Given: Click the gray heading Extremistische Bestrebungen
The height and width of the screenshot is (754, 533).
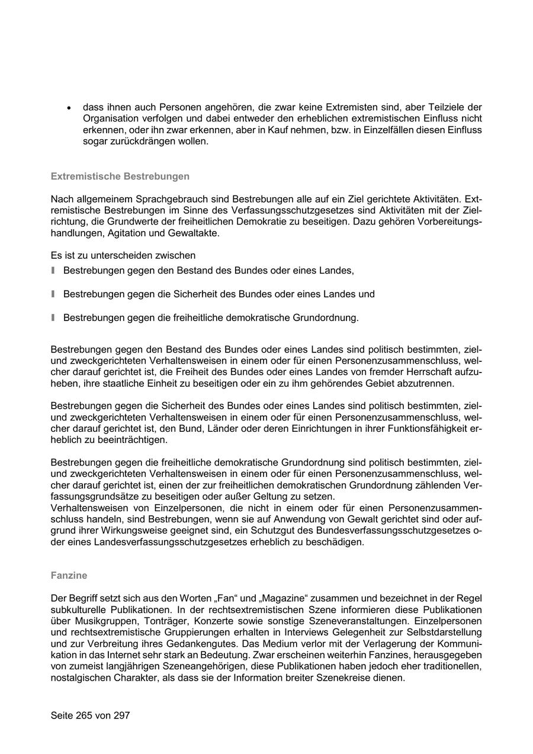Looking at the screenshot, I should click(120, 177).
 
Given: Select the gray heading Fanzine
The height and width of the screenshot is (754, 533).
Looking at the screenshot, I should click(69, 575).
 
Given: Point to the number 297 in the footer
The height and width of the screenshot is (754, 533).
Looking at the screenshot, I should click(121, 716).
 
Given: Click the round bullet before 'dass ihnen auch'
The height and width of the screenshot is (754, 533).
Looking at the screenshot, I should click(69, 108).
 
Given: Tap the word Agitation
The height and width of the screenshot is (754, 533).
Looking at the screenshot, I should click(127, 233).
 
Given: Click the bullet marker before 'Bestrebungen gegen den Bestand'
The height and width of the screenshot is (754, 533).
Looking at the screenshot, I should click(53, 271).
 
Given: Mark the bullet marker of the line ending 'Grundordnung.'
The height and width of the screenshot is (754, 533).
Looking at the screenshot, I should click(53, 317).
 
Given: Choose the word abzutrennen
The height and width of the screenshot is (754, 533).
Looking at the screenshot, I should click(423, 383).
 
